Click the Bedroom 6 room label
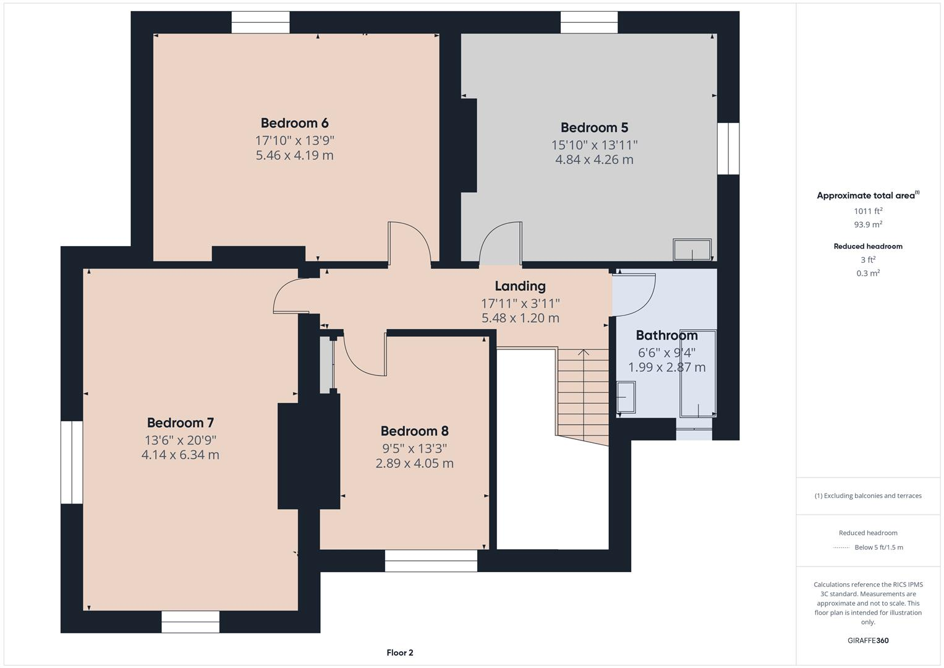[x=294, y=123]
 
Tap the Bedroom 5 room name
[x=594, y=128]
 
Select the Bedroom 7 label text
[x=180, y=423]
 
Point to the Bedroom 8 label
[x=414, y=431]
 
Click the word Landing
[x=520, y=286]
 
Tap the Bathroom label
[x=666, y=336]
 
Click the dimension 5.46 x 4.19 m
[x=294, y=155]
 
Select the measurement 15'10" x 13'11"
[x=594, y=145]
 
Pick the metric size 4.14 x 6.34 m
[x=180, y=455]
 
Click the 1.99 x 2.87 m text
[x=666, y=367]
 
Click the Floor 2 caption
[x=399, y=653]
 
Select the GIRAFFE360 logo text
[x=867, y=641]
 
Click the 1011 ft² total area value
[x=867, y=211]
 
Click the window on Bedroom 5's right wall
[x=728, y=148]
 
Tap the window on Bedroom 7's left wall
[x=72, y=462]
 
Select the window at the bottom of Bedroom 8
[x=431, y=560]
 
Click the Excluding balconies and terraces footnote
[x=867, y=496]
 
